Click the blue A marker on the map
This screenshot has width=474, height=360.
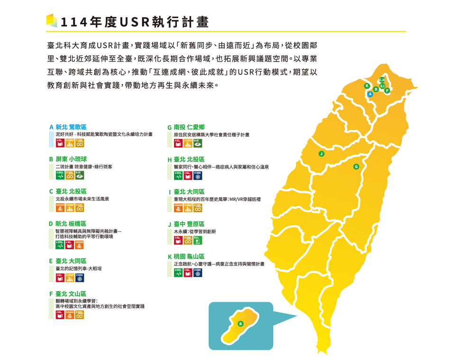click(371, 94)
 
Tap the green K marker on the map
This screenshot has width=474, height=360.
click(366, 86)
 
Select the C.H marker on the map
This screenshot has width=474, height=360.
click(382, 80)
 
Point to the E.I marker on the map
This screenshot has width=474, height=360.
click(382, 86)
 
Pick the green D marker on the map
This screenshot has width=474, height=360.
click(376, 89)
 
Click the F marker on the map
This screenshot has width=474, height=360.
click(387, 90)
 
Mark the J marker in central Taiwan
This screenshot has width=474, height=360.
click(321, 153)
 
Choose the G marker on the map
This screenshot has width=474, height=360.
click(356, 167)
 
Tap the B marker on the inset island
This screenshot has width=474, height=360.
click(240, 324)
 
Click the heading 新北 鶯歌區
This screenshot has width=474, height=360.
click(71, 127)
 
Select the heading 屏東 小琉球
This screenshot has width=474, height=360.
click(71, 159)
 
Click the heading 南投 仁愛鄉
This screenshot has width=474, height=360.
click(189, 127)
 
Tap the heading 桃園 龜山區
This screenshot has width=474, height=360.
click(189, 256)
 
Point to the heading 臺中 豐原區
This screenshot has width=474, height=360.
click(189, 224)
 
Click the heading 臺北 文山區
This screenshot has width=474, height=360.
click(71, 294)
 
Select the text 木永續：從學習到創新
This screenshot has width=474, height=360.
click(195, 232)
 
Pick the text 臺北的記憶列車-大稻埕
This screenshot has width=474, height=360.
click(78, 269)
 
